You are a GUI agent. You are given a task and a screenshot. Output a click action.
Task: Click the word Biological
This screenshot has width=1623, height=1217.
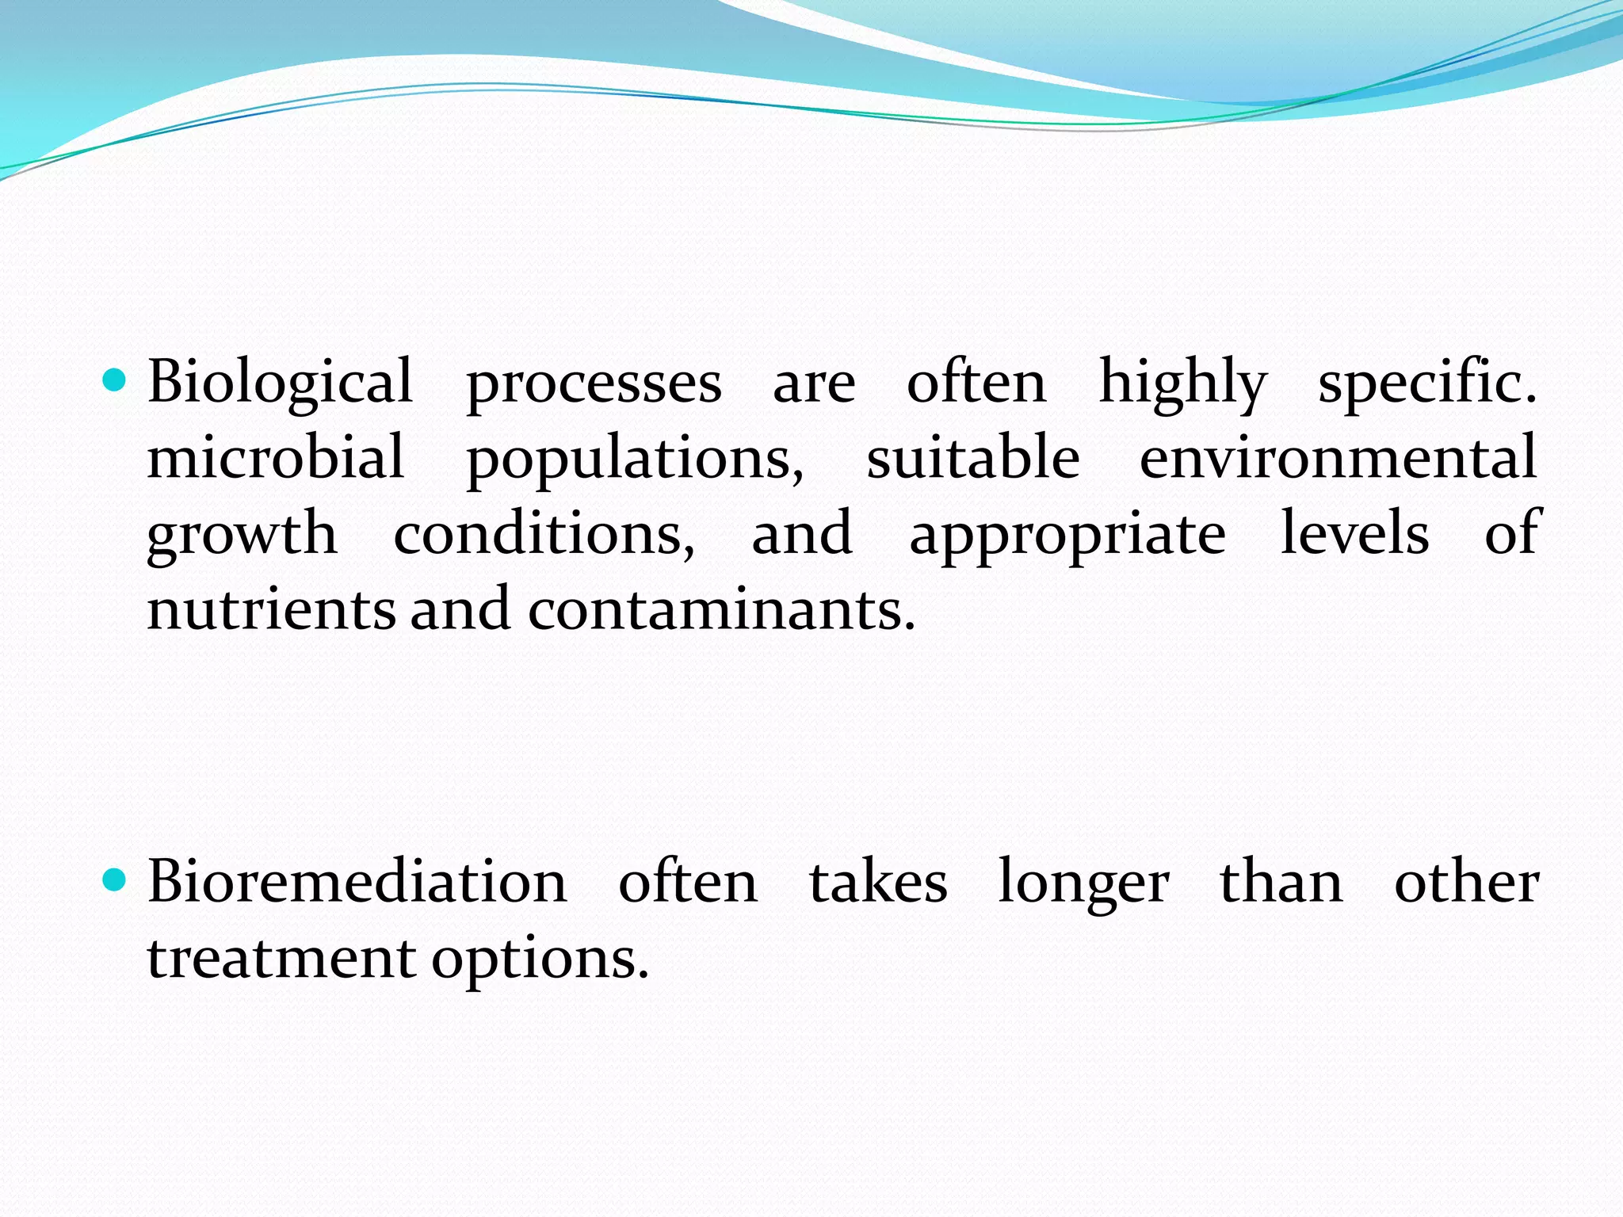point(280,383)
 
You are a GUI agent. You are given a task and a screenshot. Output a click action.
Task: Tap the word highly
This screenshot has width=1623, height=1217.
point(1182,383)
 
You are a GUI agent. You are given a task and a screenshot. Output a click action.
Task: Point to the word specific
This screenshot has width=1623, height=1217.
point(1426,383)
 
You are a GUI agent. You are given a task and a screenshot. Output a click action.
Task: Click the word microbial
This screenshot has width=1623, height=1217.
point(276,457)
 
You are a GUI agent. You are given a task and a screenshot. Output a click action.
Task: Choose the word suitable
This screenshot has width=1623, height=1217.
point(972,457)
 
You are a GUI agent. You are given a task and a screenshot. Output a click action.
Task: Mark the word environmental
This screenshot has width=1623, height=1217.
point(1338,457)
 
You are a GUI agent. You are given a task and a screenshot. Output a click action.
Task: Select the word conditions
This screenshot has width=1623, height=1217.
point(544,533)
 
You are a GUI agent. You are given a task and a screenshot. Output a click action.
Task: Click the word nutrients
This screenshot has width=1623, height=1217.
point(271,609)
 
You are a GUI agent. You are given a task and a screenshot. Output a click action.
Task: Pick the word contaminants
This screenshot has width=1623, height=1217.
point(721,609)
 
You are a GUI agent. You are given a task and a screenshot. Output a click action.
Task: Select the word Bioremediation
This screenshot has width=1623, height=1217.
point(357,882)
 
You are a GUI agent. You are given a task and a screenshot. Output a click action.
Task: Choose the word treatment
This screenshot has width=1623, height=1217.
point(281,958)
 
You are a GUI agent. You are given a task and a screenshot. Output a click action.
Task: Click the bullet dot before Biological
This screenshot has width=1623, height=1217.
point(115,382)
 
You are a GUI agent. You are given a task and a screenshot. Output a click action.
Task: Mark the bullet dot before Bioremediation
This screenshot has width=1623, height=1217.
point(115,880)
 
